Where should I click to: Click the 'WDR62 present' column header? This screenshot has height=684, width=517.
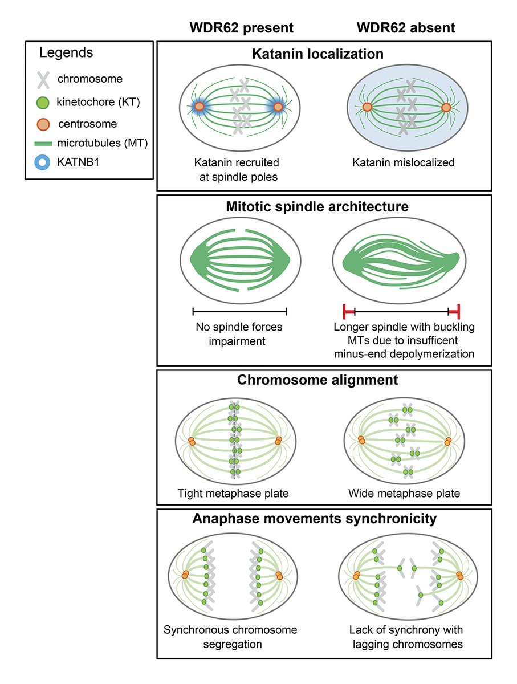tap(234, 27)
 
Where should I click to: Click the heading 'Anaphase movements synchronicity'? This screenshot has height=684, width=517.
tap(324, 519)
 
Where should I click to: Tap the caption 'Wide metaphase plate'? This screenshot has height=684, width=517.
tap(405, 492)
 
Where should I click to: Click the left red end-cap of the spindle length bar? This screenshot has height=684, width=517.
tap(345, 311)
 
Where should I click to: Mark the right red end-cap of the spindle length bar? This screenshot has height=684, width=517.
tap(458, 311)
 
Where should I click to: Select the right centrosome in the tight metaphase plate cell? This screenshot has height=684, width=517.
tap(278, 441)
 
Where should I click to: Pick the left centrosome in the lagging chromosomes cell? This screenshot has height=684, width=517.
tap(356, 576)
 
